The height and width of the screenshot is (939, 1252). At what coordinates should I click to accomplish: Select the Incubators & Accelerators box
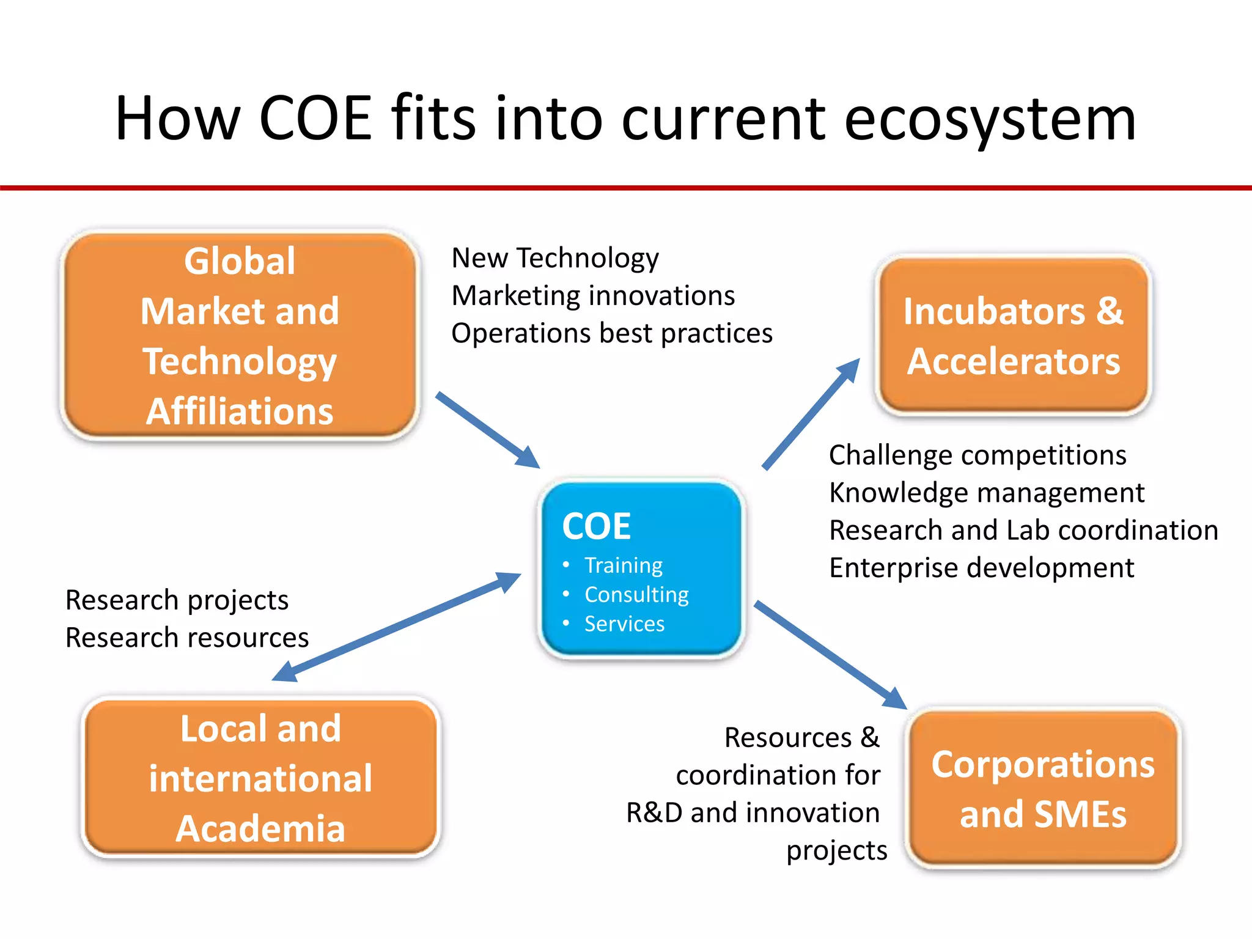click(1013, 336)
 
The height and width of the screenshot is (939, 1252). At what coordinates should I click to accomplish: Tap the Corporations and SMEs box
click(1043, 789)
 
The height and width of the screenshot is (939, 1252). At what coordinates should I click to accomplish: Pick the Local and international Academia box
click(260, 778)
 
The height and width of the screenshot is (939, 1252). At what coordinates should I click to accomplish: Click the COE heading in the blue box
click(596, 526)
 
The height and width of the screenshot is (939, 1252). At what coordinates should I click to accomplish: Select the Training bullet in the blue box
click(623, 565)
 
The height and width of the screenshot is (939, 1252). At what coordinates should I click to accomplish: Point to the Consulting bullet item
click(636, 595)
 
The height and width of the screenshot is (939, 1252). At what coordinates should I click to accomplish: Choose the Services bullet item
click(624, 624)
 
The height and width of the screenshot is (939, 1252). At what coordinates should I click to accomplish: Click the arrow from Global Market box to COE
click(487, 430)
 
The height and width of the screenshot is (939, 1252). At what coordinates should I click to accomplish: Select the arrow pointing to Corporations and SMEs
click(830, 655)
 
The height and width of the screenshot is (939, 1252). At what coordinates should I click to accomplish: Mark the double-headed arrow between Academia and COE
click(396, 627)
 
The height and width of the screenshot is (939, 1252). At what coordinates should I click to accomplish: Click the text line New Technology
click(554, 258)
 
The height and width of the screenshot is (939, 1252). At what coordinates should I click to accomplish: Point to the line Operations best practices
click(611, 334)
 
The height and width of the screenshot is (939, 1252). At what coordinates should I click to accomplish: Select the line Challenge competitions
click(977, 455)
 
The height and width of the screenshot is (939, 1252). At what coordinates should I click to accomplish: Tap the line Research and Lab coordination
click(1023, 531)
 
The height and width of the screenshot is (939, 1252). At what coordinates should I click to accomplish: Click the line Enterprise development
click(981, 568)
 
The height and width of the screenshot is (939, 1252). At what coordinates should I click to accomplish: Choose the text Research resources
click(187, 638)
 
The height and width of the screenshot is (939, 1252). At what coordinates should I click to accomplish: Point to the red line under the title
click(626, 188)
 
